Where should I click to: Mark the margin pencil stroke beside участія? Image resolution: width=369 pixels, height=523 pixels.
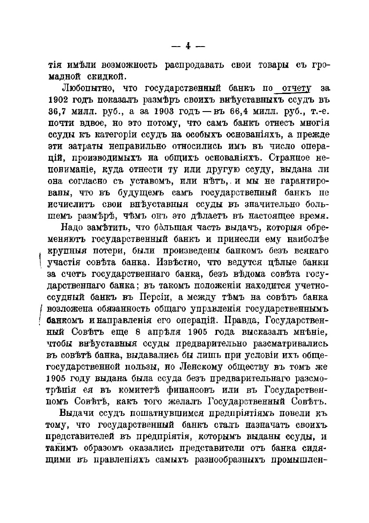pyautogui.click(x=41, y=260)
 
